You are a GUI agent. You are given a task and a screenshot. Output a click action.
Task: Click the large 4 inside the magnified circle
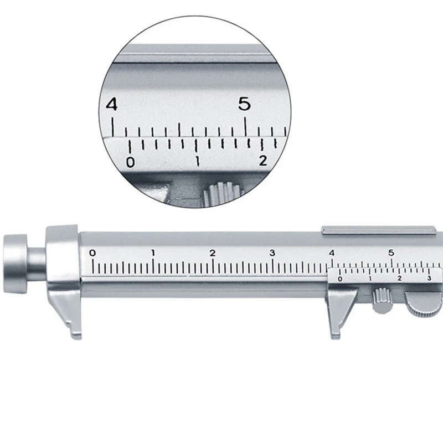112,104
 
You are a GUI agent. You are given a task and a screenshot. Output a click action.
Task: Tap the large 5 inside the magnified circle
244,104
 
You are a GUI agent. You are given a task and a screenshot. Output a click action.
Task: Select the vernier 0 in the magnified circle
130,162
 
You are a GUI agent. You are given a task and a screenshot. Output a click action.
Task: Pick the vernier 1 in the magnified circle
197,162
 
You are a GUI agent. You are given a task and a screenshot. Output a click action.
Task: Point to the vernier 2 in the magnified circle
263,161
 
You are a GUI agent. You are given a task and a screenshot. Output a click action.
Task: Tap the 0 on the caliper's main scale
92,253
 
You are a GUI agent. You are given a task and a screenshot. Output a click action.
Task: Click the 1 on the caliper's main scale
153,253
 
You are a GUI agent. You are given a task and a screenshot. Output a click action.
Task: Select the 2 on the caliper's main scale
213,253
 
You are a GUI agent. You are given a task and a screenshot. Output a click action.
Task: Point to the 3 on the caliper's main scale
272,253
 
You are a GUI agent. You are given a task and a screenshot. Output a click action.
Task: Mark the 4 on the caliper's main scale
332,253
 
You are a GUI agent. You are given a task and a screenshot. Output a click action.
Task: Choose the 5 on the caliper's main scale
391,253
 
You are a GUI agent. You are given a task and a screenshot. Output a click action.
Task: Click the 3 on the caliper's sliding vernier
429,279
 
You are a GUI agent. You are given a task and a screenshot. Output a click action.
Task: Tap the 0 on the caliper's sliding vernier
339,279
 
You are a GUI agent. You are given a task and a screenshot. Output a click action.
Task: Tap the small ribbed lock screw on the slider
381,300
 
